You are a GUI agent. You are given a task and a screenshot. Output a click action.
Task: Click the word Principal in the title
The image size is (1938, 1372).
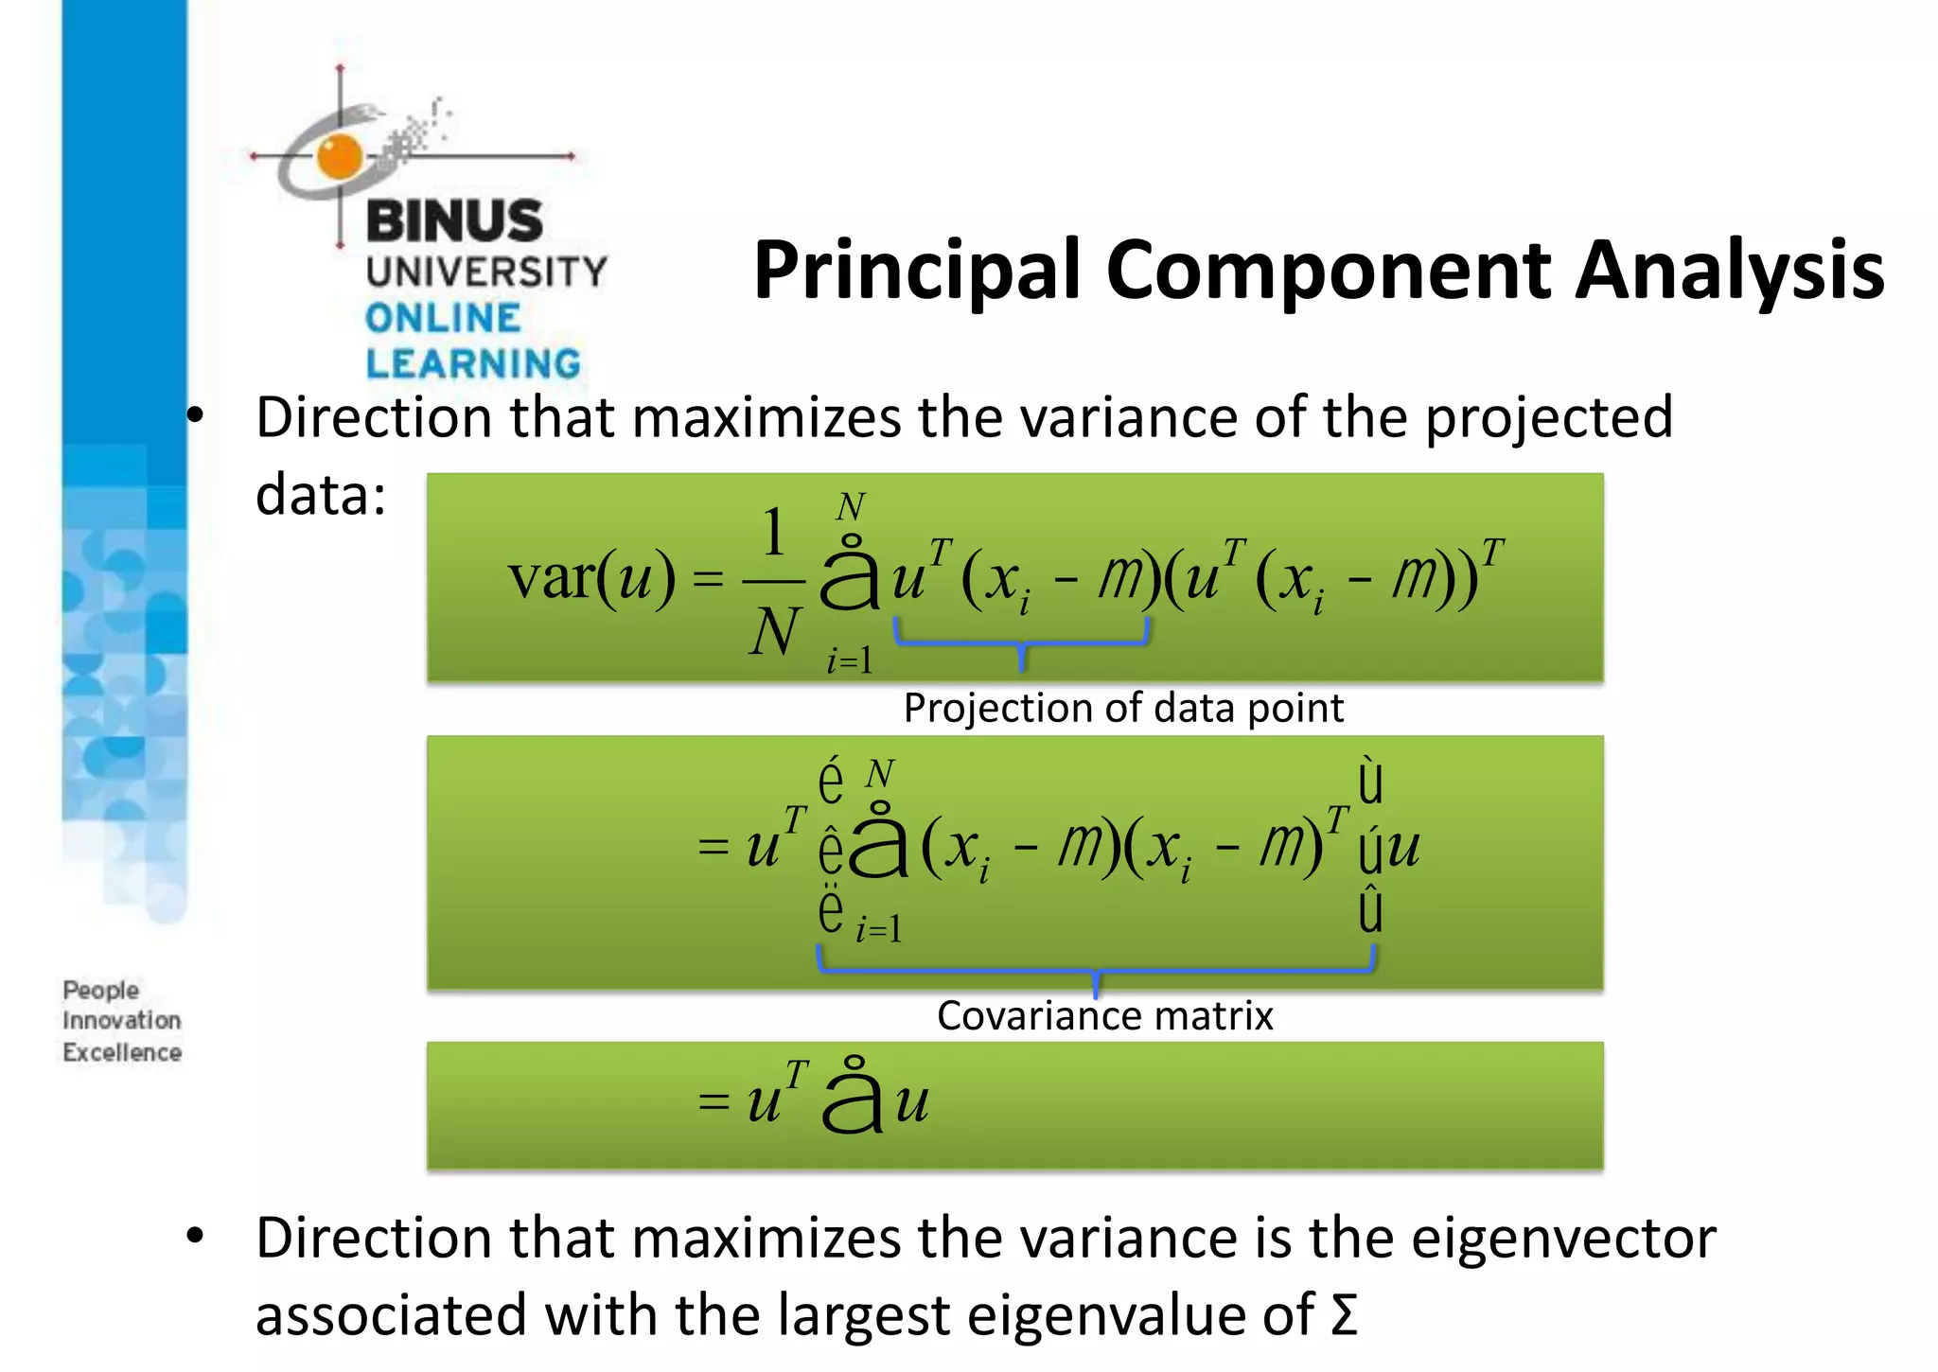916,272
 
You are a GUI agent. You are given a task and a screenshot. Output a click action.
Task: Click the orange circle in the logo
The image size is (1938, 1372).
340,156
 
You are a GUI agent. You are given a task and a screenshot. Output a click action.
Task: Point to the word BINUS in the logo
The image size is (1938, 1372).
454,221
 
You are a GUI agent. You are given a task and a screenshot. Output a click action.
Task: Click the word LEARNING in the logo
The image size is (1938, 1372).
473,364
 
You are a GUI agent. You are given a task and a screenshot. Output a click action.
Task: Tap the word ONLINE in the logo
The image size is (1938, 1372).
443,318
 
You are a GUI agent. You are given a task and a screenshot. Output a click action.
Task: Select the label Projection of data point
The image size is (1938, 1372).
1123,708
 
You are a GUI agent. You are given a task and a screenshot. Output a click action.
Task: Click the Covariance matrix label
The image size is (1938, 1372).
1104,1016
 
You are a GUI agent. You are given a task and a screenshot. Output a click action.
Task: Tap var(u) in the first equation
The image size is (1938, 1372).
591,577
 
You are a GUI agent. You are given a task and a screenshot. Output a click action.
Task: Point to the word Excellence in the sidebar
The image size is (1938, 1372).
122,1052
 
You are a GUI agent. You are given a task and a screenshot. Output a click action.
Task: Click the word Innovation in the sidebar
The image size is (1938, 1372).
122,1021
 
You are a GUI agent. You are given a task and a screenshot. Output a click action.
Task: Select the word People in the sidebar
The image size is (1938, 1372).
101,990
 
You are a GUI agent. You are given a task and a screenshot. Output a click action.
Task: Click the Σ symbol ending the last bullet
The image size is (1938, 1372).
1344,1315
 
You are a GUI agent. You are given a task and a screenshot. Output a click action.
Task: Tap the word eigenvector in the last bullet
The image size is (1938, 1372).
1563,1238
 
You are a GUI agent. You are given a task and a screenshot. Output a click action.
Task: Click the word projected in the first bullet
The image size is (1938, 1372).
1548,417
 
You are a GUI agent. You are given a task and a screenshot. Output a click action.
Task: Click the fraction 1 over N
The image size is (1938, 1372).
774,579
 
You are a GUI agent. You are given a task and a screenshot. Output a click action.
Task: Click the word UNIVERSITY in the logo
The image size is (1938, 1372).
486,272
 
